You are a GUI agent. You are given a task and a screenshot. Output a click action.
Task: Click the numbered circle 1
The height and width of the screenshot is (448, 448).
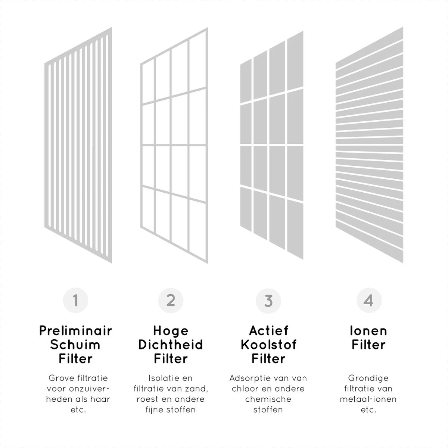click(75, 300)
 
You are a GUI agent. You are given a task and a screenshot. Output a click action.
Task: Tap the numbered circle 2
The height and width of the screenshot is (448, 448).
click(171, 301)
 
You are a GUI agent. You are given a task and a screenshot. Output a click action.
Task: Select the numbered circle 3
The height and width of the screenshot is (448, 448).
click(268, 301)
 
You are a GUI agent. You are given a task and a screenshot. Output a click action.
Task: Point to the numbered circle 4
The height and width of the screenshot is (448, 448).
click(369, 300)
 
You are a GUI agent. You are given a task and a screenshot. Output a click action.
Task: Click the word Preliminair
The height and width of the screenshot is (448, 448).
click(75, 330)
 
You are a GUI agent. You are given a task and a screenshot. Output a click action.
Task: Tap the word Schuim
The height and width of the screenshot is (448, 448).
click(75, 345)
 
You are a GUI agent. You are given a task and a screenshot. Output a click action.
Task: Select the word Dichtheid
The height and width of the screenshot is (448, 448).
click(171, 345)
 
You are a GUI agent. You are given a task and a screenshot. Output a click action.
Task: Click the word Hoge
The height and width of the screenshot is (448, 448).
click(171, 331)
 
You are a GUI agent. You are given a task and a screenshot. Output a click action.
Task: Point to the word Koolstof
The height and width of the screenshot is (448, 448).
click(268, 345)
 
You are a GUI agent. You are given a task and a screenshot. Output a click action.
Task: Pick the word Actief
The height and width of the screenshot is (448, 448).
click(269, 330)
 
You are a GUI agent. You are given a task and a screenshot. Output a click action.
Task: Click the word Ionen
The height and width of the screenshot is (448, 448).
click(368, 330)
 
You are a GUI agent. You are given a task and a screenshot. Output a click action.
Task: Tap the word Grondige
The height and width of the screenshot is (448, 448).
click(368, 379)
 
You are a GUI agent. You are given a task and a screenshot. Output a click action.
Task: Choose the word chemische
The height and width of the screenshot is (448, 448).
click(268, 399)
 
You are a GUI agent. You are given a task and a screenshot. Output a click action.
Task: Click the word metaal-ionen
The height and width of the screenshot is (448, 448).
click(368, 399)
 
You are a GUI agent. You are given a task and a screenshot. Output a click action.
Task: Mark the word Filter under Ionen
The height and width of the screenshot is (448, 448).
click(368, 345)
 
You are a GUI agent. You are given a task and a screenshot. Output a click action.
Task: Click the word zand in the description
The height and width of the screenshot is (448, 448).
click(197, 389)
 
